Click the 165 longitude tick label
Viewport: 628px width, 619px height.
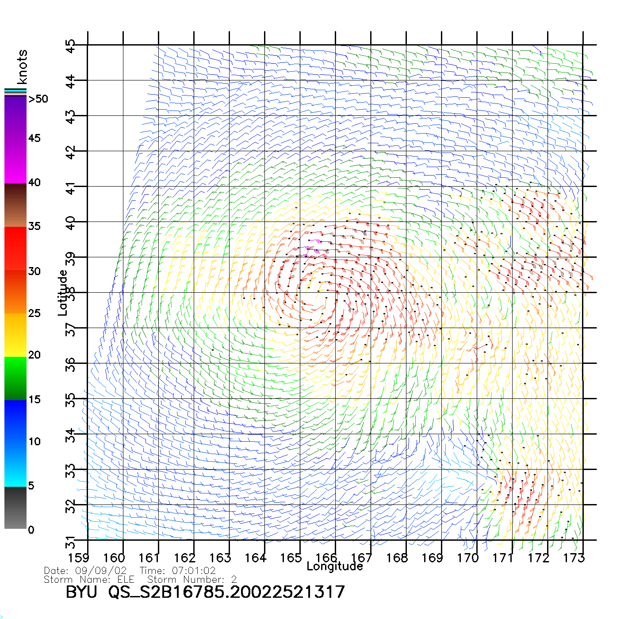291,558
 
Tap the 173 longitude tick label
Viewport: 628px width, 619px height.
574,558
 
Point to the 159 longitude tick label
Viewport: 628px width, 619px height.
79,558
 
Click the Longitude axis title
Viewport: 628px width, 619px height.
334,566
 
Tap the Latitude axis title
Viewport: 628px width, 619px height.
63,293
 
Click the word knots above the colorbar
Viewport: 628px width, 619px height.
22,67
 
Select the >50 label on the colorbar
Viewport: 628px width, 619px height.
38,99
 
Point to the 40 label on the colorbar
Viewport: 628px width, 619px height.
34,182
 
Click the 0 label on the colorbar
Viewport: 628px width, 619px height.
31,530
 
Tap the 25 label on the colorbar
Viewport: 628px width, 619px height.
34,313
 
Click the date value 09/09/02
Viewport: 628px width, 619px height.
101,571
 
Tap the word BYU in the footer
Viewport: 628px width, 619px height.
81,592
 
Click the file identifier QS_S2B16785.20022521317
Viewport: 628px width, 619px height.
226,592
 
